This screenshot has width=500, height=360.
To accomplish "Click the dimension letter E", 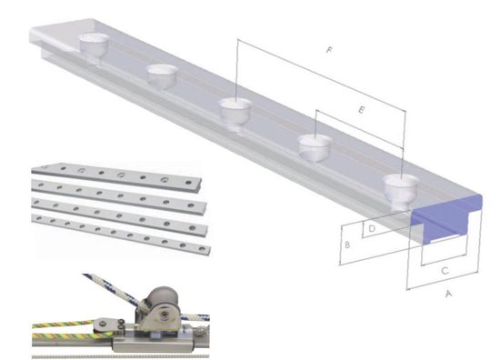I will [x=361, y=110].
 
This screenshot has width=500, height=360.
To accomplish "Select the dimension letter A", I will [x=446, y=294].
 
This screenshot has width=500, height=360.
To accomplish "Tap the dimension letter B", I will [x=346, y=245].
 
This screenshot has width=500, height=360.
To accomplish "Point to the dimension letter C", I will [x=443, y=270].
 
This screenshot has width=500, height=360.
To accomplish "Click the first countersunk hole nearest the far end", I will [x=94, y=43].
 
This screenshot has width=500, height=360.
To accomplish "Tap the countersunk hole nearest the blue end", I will [x=399, y=187].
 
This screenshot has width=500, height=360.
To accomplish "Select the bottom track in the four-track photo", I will [x=118, y=234].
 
